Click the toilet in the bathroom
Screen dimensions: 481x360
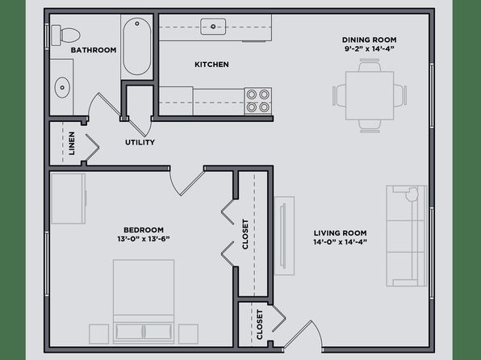[x=65, y=36]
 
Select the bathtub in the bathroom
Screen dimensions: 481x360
[x=137, y=46]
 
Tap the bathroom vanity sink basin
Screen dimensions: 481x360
[x=62, y=87]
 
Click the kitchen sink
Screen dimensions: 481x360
[x=213, y=27]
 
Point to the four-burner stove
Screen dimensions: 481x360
[x=258, y=101]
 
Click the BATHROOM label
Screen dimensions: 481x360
[x=94, y=50]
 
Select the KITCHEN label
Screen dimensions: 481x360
[x=211, y=65]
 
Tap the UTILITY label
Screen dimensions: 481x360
[x=140, y=142]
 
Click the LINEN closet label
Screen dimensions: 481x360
[x=72, y=144]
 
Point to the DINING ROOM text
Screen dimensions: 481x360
[x=370, y=40]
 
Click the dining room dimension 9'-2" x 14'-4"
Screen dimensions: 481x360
[x=370, y=48]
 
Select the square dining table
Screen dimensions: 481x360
[x=370, y=95]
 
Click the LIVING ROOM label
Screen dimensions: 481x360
[x=341, y=233]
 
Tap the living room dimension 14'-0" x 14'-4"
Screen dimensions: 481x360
[x=341, y=242]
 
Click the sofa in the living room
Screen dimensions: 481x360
[x=407, y=236]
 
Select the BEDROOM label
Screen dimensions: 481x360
[x=144, y=230]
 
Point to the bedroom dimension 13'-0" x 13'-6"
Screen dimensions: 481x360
[x=144, y=239]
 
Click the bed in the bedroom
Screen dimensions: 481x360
[x=144, y=302]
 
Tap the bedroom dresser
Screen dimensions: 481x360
[x=69, y=199]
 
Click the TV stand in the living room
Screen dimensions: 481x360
[x=284, y=236]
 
